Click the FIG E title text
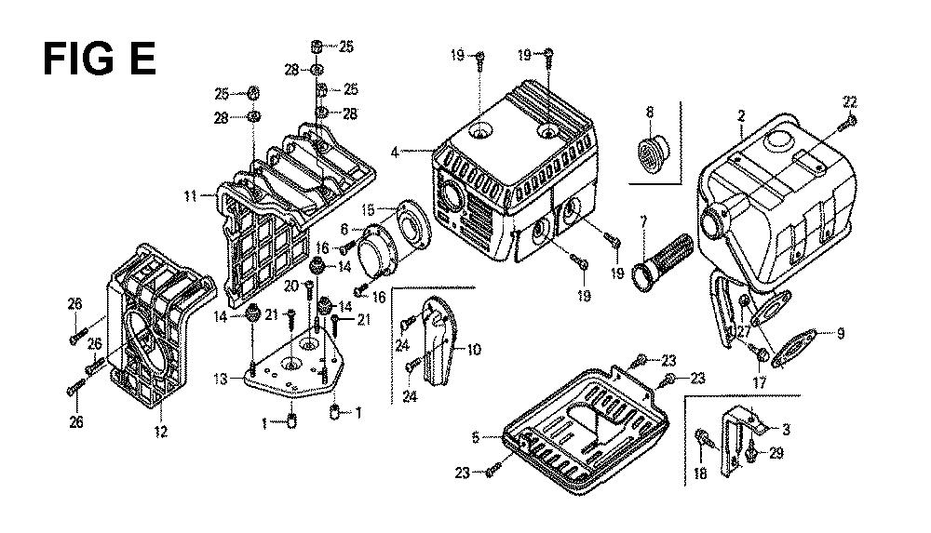click(x=100, y=60)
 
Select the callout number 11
click(x=190, y=195)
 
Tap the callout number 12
click(x=161, y=432)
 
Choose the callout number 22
click(x=850, y=102)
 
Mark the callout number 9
click(x=840, y=334)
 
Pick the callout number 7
click(x=643, y=224)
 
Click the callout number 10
click(x=474, y=350)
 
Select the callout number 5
click(x=475, y=438)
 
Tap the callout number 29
click(x=776, y=453)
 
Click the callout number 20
click(x=290, y=286)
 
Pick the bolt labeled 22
click(x=846, y=122)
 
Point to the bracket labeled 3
click(x=740, y=439)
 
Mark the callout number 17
click(x=760, y=383)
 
